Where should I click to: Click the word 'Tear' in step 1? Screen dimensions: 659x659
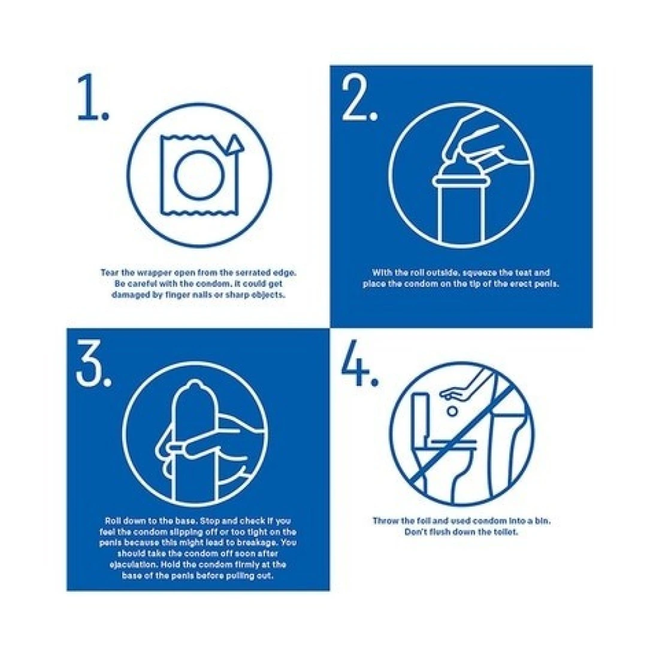[108, 273]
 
